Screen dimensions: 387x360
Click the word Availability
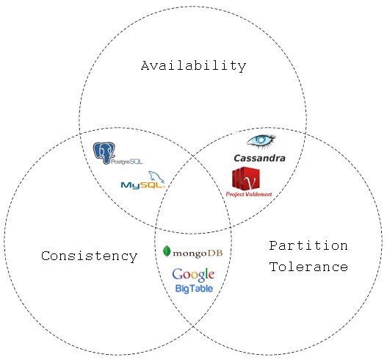pos(194,66)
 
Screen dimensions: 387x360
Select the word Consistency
pos(89,256)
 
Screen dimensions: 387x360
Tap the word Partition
pos(308,245)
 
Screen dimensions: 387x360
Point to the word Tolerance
pos(308,267)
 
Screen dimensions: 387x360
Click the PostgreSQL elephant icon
pos(104,153)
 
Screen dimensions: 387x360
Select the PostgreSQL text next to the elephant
pos(127,162)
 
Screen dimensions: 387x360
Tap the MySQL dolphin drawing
pos(156,177)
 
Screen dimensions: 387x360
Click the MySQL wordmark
pos(142,185)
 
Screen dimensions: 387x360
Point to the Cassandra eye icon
pos(261,141)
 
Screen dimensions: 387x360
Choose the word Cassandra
pos(259,158)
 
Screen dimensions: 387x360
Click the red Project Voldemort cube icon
pos(246,179)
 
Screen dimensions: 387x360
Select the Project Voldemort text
pos(249,194)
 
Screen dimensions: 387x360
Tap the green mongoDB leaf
pos(167,251)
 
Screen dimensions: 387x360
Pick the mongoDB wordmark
pos(198,253)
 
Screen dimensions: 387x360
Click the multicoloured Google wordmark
pos(193,275)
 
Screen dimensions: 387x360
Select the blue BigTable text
pos(194,289)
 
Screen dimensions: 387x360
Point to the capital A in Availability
pos(145,66)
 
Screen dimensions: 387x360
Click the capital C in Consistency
pos(46,256)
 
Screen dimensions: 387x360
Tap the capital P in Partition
pos(273,245)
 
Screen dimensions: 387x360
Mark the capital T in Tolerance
pos(273,267)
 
